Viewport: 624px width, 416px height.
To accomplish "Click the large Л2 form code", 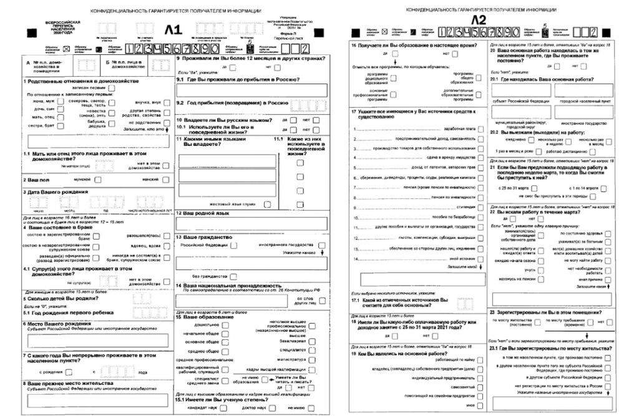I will tap(479, 21).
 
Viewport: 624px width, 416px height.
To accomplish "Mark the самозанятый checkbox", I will tap(479, 387).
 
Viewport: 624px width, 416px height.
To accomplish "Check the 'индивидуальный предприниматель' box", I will tap(479, 378).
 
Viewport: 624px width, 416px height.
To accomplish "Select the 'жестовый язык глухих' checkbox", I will tap(267, 203).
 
